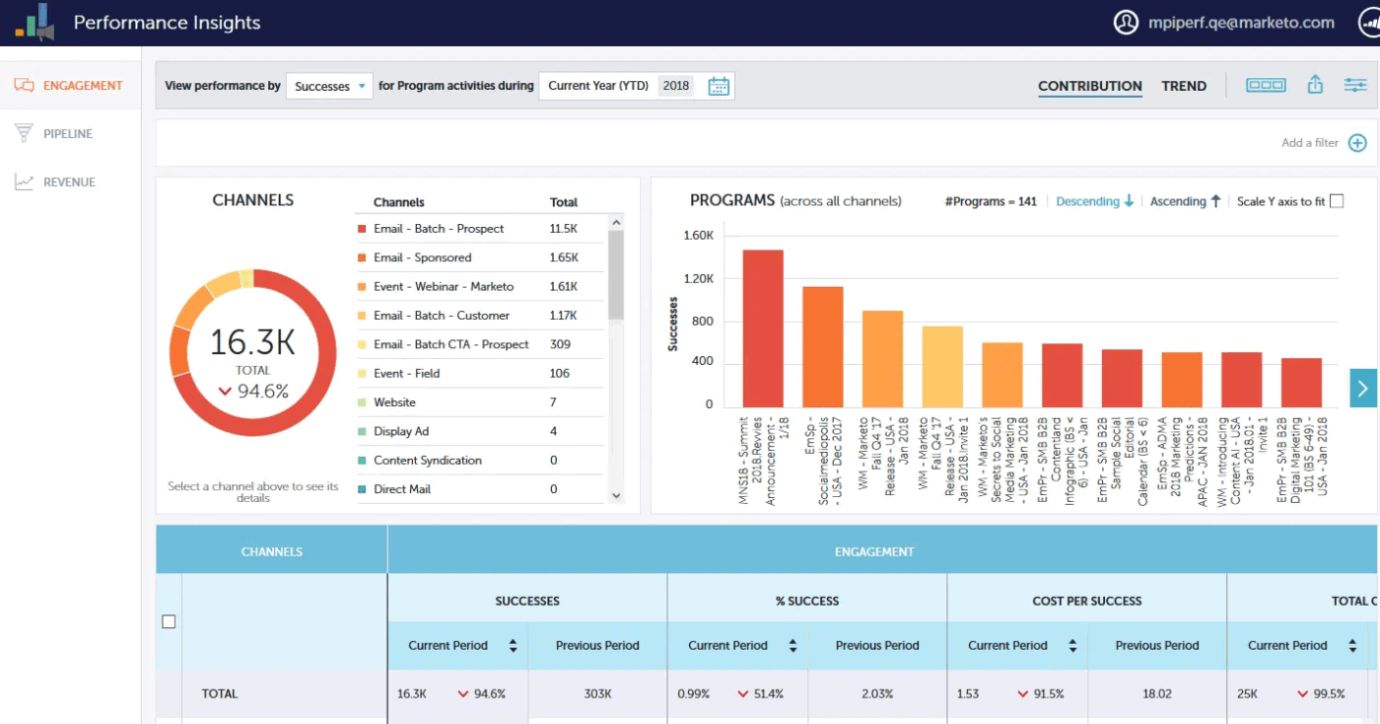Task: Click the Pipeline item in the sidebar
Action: click(67, 133)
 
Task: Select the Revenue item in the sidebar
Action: click(69, 181)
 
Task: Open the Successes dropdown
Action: click(329, 86)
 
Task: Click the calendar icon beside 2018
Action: click(719, 86)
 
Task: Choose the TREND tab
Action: click(1184, 86)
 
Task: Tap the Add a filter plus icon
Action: click(1357, 143)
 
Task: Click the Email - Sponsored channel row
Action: click(422, 257)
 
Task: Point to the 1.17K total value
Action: click(563, 316)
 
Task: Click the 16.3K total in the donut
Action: click(252, 342)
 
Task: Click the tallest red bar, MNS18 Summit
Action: click(763, 328)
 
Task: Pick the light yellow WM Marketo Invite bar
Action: click(942, 366)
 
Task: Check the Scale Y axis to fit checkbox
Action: click(1337, 201)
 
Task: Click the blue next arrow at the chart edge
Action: click(1362, 388)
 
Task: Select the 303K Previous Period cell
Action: click(597, 693)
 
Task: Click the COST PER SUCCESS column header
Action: click(1086, 601)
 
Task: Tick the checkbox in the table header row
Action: click(169, 621)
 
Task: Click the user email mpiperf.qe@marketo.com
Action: click(1240, 23)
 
